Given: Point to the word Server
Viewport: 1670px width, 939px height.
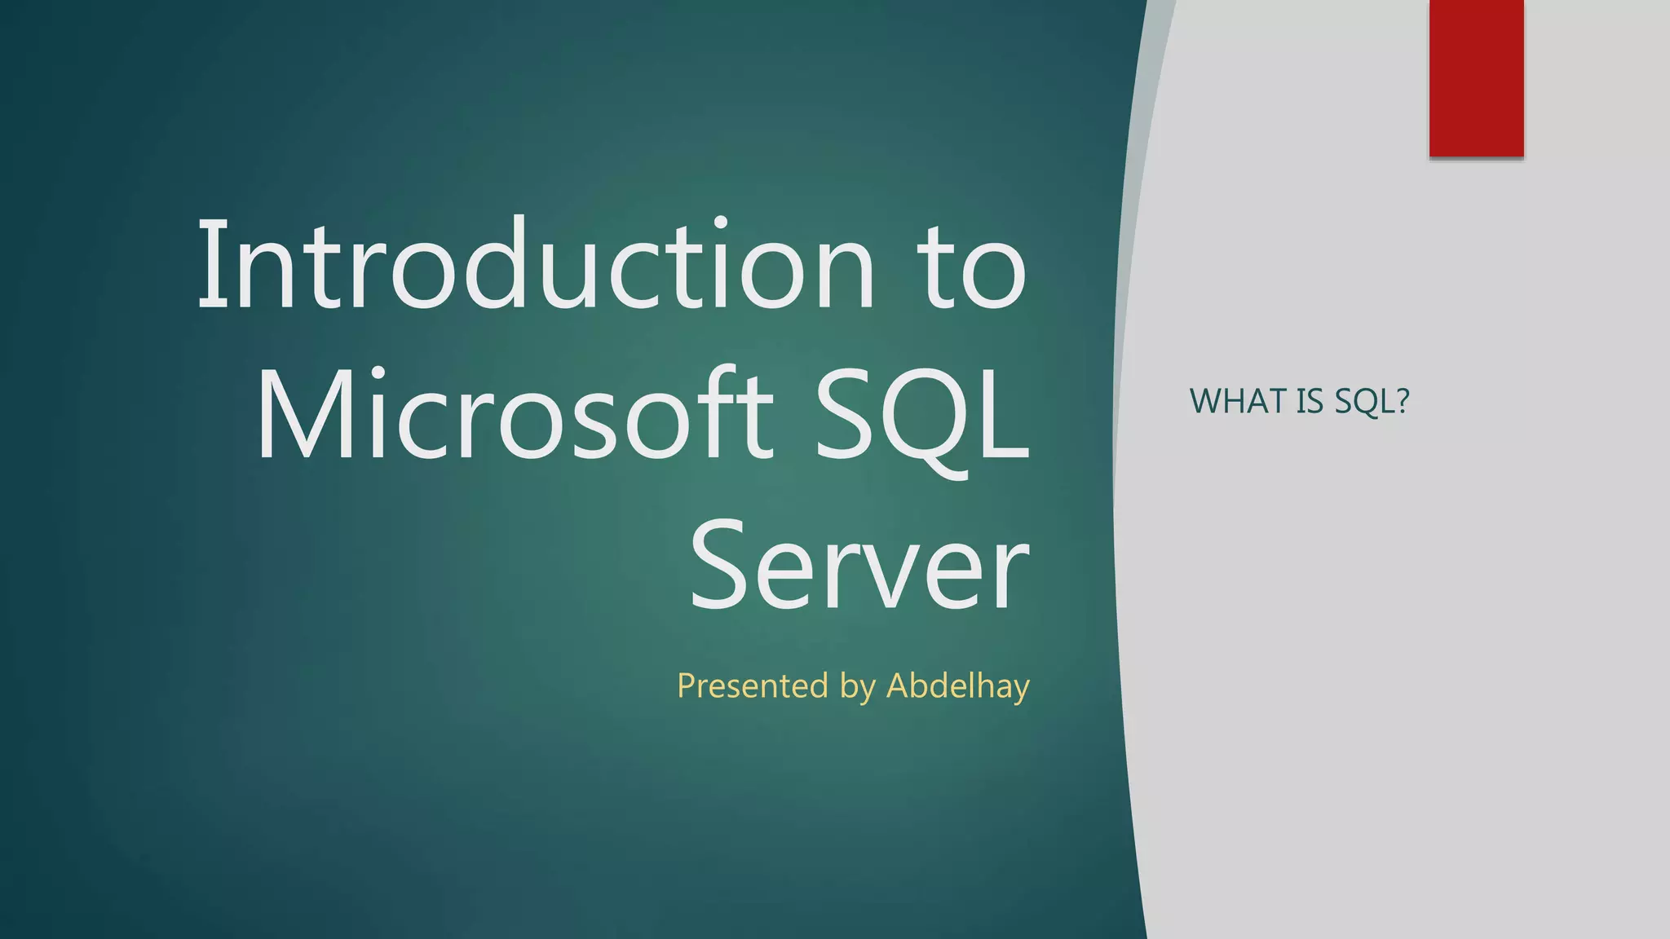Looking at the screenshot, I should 859,564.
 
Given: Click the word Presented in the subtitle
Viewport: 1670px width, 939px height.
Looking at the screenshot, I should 752,686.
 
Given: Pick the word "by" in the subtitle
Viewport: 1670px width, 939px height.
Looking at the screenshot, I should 857,687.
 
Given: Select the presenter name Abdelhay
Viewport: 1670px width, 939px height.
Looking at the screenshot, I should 958,686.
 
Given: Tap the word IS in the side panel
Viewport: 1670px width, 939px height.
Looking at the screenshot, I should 1308,401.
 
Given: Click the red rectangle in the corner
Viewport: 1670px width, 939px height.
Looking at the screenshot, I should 1476,78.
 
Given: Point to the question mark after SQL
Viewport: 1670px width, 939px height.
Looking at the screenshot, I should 1403,401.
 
